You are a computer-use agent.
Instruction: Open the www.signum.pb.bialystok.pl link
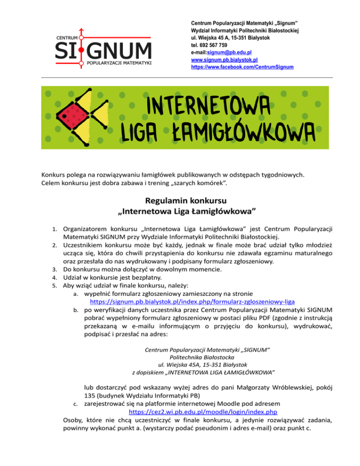(x=225, y=60)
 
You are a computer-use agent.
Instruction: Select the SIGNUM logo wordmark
(x=103, y=49)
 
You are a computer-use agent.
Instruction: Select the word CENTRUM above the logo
(x=67, y=37)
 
